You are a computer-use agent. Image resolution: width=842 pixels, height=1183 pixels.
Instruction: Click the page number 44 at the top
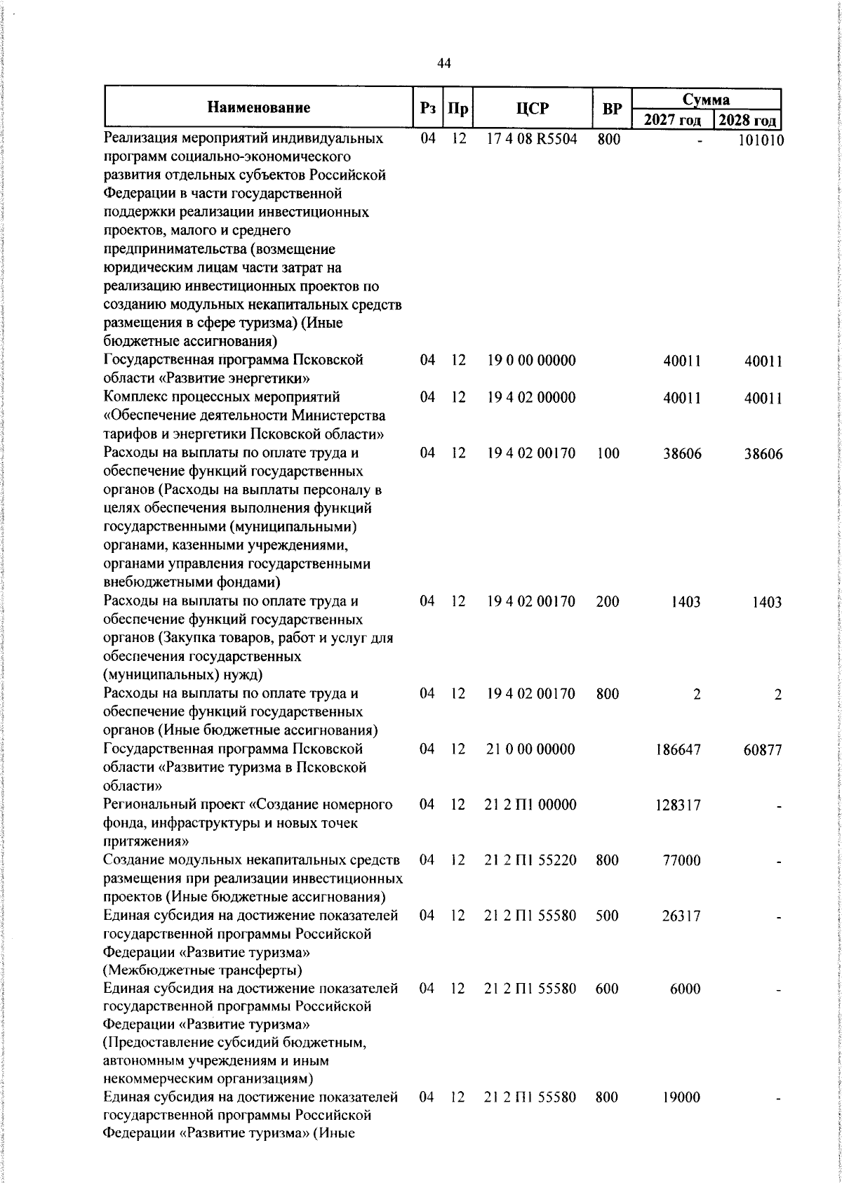coord(444,64)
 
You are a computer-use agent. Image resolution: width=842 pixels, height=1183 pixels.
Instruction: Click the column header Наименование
coord(259,108)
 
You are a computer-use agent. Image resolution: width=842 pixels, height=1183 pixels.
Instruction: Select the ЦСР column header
coord(532,109)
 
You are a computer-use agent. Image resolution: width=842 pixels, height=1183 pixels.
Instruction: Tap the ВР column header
coord(612,109)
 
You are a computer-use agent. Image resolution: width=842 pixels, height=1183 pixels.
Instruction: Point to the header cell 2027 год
coord(672,120)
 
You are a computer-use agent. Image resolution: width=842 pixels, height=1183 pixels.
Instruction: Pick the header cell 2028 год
coord(749,120)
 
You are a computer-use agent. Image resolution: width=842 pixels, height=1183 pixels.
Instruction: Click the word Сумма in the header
coord(706,99)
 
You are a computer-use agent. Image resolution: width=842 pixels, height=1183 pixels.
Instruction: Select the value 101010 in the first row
coord(761,140)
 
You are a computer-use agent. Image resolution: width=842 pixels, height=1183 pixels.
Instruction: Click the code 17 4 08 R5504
coord(532,139)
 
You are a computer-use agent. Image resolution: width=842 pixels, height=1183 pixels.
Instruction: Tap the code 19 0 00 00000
coord(531,361)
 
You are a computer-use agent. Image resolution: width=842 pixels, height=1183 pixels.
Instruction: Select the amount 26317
coord(681,916)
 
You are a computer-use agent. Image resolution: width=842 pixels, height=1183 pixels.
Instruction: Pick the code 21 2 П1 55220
coord(530,860)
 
